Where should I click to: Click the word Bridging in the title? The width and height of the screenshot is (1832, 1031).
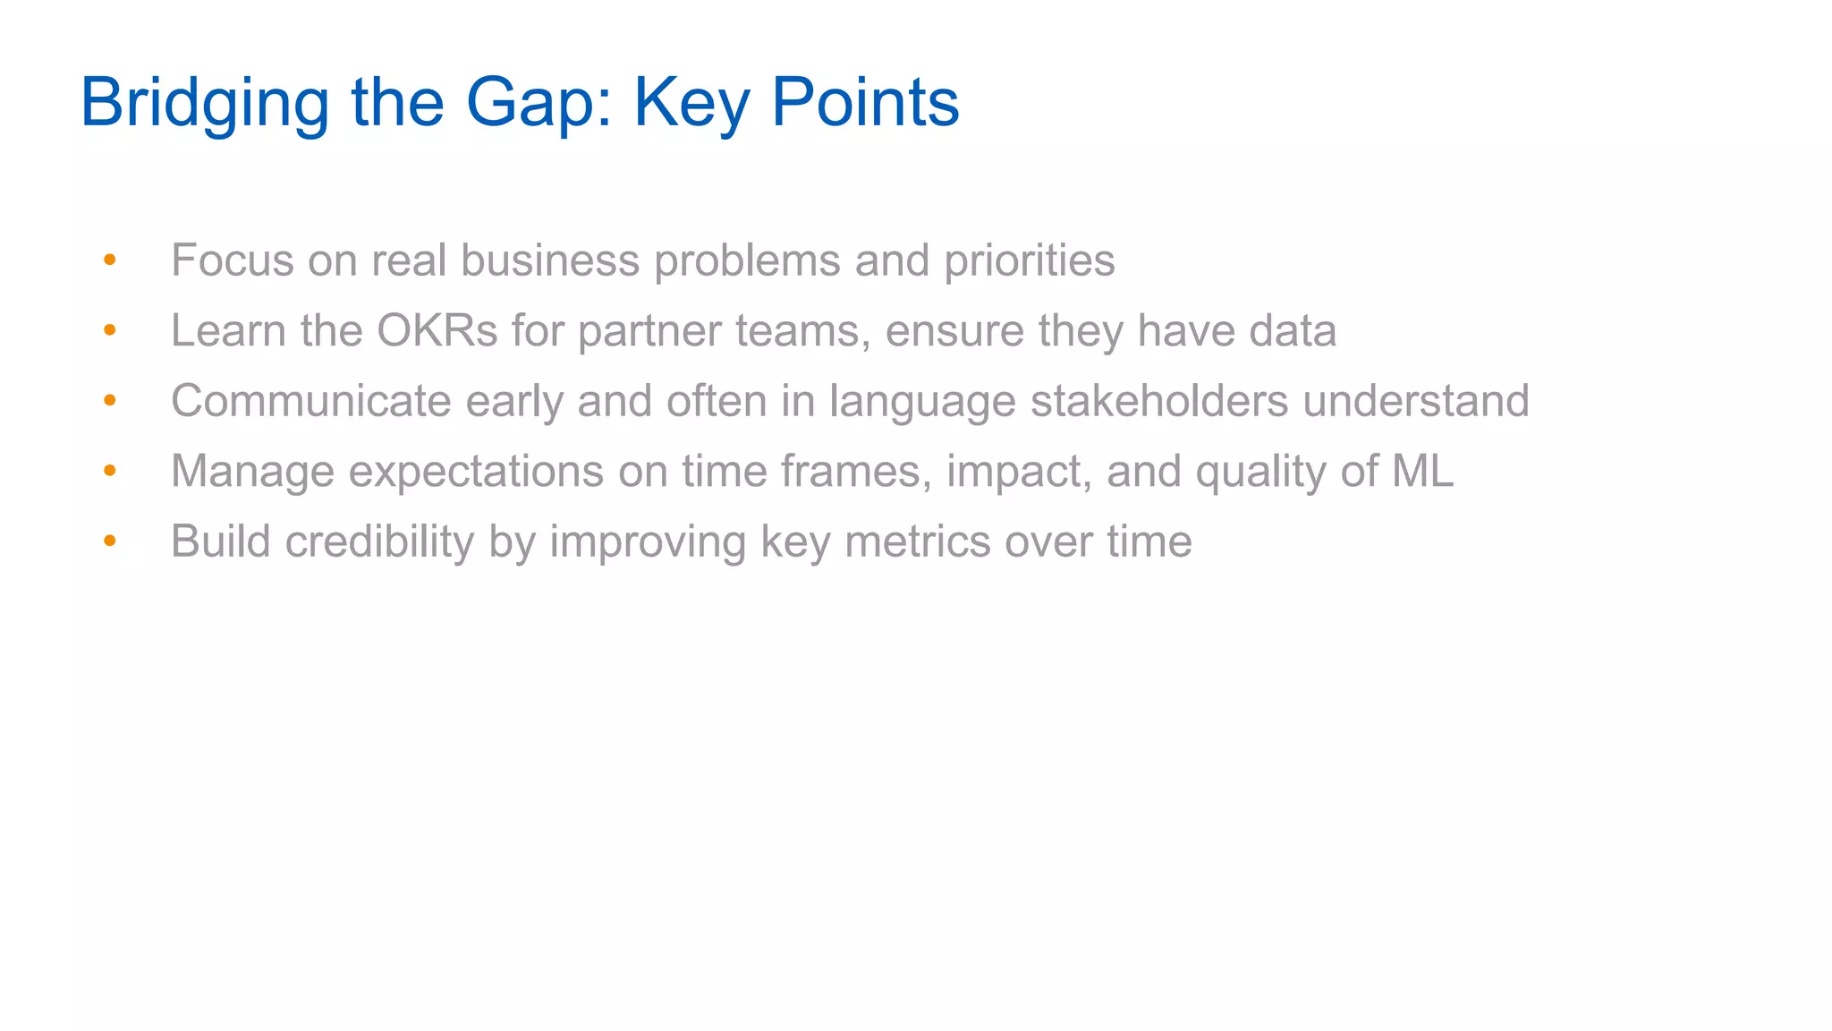[x=205, y=103]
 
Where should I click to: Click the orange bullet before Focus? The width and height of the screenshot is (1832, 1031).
[x=110, y=260]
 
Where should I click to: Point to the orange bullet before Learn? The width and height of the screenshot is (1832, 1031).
[x=110, y=330]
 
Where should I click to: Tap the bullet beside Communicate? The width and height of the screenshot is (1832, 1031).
[x=110, y=400]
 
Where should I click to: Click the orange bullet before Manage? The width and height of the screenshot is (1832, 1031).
[x=110, y=471]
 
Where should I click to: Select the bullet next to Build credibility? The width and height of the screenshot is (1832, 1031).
[x=110, y=541]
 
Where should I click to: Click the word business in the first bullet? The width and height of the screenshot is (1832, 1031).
[x=550, y=260]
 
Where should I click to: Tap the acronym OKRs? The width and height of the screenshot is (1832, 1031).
[x=437, y=330]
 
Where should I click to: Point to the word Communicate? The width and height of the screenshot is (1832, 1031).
[x=310, y=400]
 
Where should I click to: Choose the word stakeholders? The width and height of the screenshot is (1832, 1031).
[x=1159, y=400]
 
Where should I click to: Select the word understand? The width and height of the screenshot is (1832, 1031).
[x=1415, y=400]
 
